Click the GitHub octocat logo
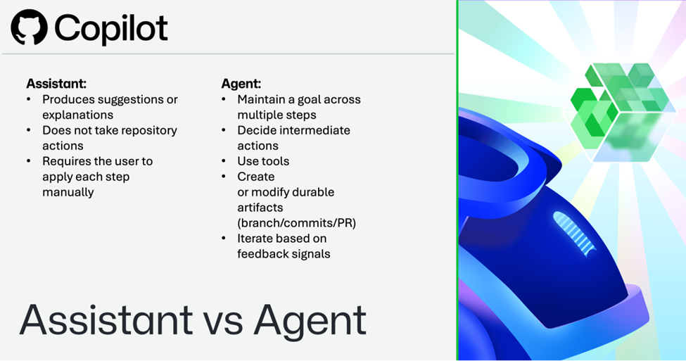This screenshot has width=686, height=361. [30, 27]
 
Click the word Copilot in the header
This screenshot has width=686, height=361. [111, 28]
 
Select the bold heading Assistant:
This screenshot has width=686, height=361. [56, 84]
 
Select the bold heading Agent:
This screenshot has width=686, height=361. [241, 84]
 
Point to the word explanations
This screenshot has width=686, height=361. [78, 115]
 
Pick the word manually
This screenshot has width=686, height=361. [68, 193]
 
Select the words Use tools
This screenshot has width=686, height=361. [263, 161]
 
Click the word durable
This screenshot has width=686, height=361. [313, 192]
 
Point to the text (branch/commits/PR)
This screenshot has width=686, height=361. [297, 223]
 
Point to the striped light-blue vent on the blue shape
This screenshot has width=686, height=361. [574, 232]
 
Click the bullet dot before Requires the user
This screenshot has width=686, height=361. [29, 161]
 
